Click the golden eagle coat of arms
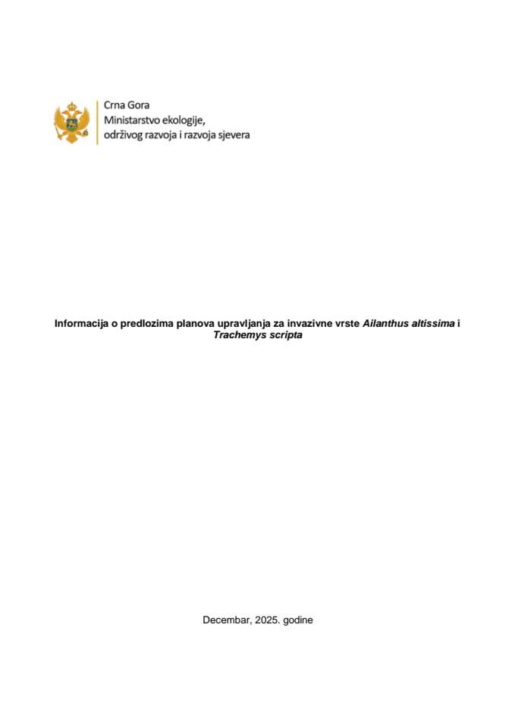click(x=73, y=121)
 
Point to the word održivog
click(x=125, y=134)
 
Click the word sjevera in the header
click(x=232, y=134)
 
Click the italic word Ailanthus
click(x=385, y=323)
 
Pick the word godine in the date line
click(x=298, y=620)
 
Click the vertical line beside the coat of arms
click(x=96, y=121)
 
